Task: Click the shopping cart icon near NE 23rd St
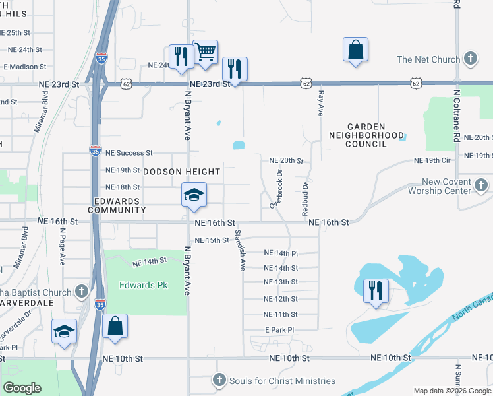pyautogui.click(x=206, y=53)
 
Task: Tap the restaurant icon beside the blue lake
pyautogui.click(x=376, y=291)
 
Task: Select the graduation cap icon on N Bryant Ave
pyautogui.click(x=194, y=195)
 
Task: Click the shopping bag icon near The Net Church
pyautogui.click(x=355, y=50)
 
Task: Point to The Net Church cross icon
pyautogui.click(x=470, y=59)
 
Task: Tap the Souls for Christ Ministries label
pyautogui.click(x=281, y=381)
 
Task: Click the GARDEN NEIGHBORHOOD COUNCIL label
pyautogui.click(x=366, y=135)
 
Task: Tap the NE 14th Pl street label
pyautogui.click(x=281, y=253)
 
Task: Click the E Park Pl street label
pyautogui.click(x=279, y=329)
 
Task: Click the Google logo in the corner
pyautogui.click(x=22, y=387)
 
